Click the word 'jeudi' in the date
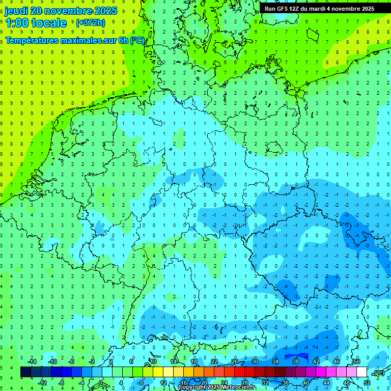click(16, 11)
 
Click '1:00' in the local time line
click(17, 23)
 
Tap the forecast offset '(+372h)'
click(90, 23)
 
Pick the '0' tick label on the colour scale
click(101, 383)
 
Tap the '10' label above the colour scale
click(153, 361)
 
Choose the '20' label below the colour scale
click(204, 383)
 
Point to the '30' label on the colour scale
click(255, 361)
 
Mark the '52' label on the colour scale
click(367, 383)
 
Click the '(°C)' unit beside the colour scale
click(378, 373)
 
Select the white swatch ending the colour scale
click(361, 372)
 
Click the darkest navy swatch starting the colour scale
click(25, 372)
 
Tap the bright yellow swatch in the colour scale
click(158, 372)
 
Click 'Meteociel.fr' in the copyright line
click(238, 387)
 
